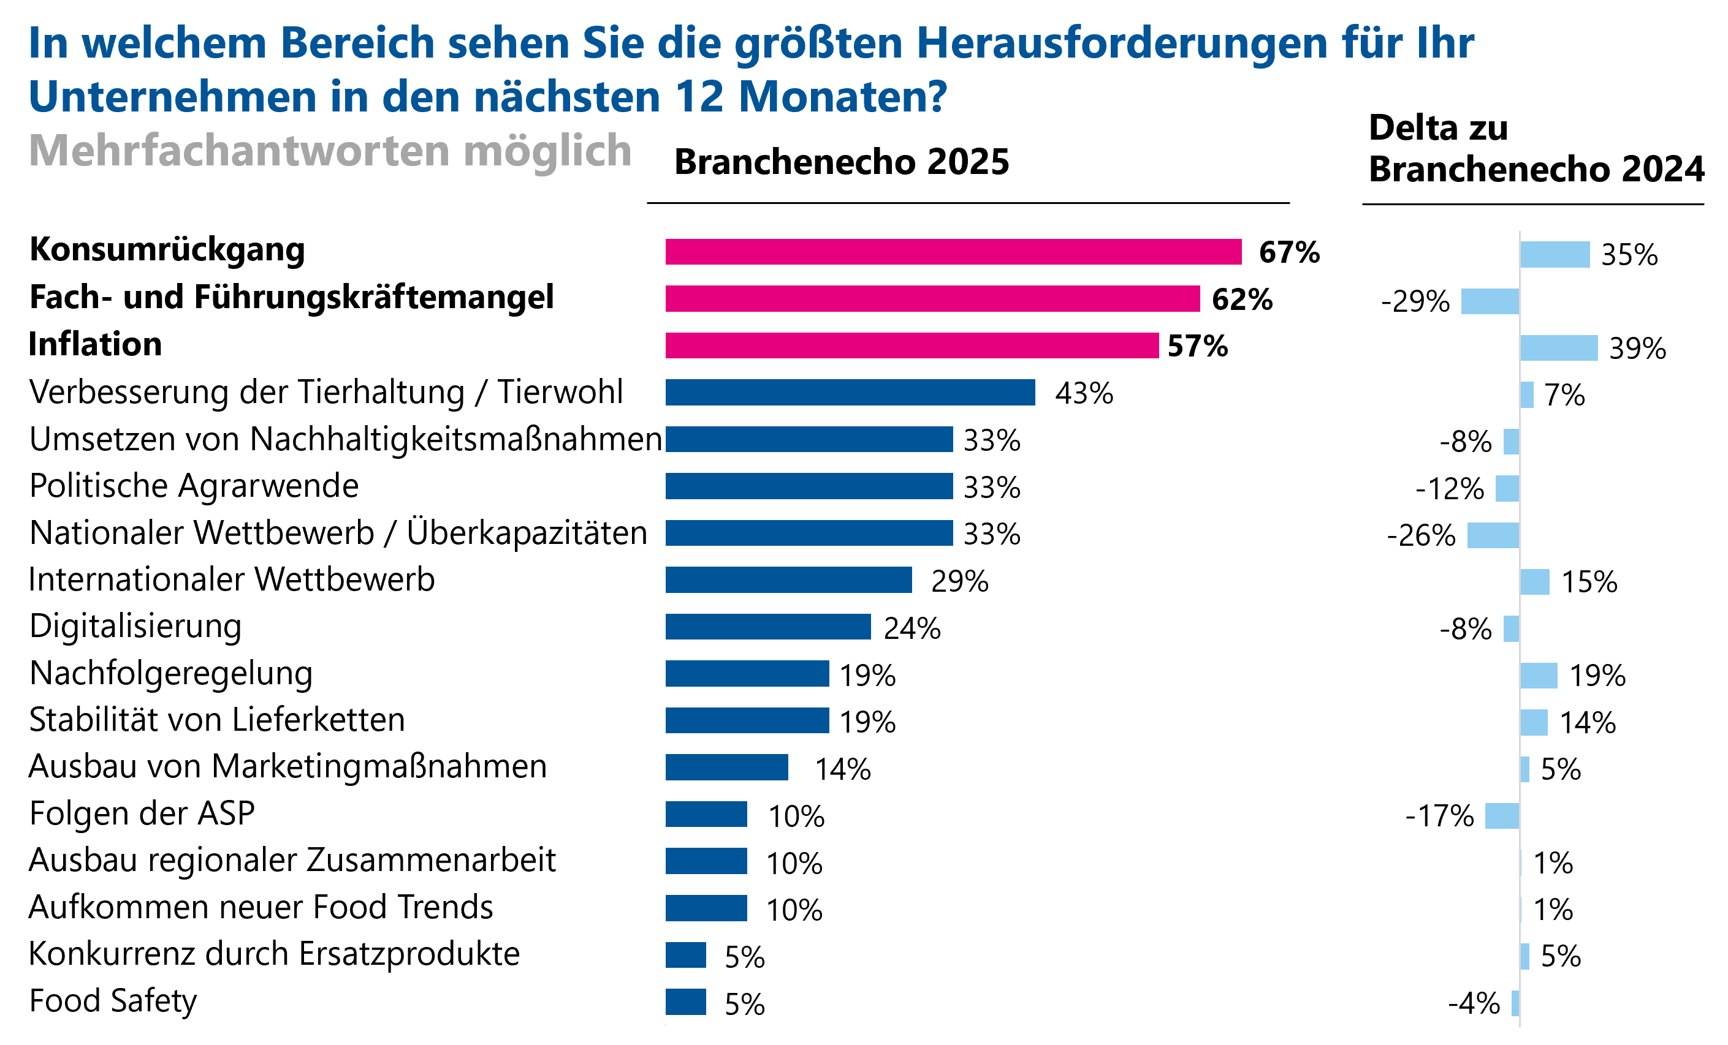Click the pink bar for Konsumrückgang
click(x=954, y=252)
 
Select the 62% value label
click(x=1242, y=300)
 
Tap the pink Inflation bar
click(x=912, y=345)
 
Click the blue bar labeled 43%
click(x=850, y=393)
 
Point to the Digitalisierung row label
click(x=135, y=627)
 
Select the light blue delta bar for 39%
click(x=1558, y=349)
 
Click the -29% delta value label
click(x=1415, y=302)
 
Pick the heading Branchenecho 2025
click(x=842, y=162)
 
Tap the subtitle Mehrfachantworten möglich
click(x=330, y=151)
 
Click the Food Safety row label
click(x=113, y=1001)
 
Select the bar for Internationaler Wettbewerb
click(x=789, y=580)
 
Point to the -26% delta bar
click(x=1493, y=535)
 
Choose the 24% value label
click(x=912, y=628)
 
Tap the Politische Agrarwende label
click(x=194, y=486)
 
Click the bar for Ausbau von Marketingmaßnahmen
click(x=726, y=768)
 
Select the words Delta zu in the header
click(x=1437, y=128)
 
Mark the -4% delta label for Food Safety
click(x=1474, y=1003)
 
